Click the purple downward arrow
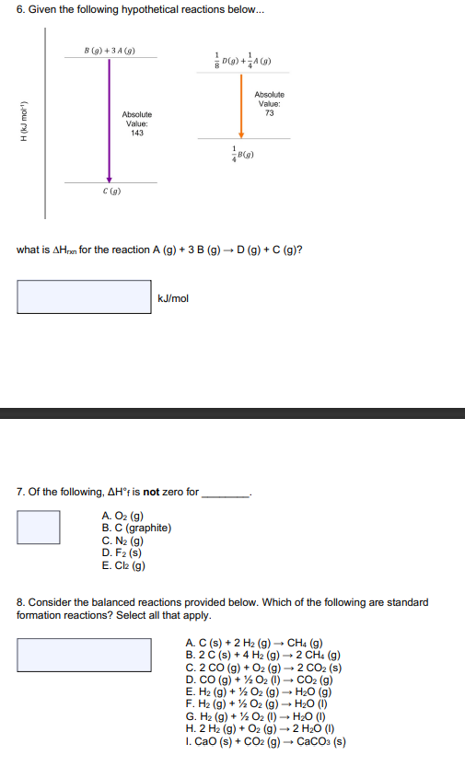tap(110, 120)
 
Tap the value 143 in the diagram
tap(136, 133)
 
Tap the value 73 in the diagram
tap(269, 113)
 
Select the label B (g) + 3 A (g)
tap(110, 50)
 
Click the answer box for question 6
tap(84, 296)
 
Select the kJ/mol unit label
tap(173, 298)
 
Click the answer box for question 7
tap(39, 528)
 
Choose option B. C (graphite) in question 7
tap(136, 528)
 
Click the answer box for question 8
tap(84, 655)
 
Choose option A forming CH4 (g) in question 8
tap(253, 643)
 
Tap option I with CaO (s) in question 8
tap(265, 741)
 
